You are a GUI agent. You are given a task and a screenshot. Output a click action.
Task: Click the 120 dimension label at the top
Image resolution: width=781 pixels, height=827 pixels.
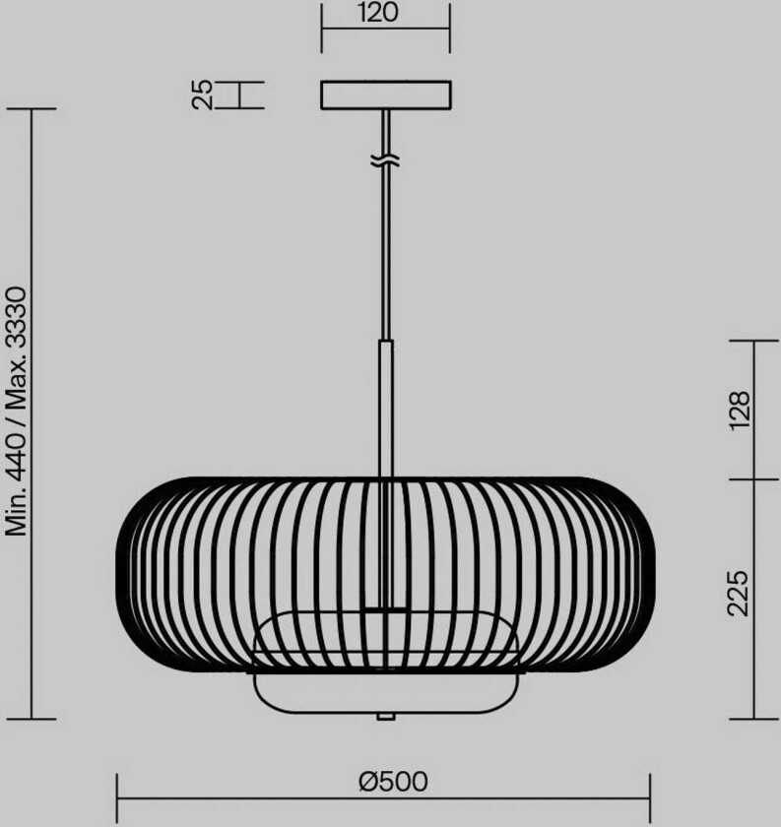(x=385, y=13)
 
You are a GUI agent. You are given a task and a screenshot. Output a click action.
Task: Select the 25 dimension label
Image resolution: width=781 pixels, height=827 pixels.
(x=202, y=95)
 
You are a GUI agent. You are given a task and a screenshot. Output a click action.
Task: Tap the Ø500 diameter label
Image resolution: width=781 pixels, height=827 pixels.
(x=393, y=781)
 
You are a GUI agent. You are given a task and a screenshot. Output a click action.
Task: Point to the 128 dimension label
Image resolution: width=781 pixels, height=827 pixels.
(x=741, y=410)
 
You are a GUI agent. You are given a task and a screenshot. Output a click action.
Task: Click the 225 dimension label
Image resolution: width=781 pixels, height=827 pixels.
(x=741, y=592)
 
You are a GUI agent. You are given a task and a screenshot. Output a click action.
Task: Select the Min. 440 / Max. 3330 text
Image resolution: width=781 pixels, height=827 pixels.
(x=18, y=412)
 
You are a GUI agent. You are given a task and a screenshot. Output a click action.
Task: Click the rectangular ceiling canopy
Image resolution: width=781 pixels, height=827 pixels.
(x=385, y=95)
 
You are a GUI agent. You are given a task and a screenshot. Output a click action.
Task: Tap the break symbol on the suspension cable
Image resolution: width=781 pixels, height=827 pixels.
(x=386, y=159)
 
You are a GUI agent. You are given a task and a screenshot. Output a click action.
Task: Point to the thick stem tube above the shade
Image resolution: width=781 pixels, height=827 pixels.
(x=386, y=409)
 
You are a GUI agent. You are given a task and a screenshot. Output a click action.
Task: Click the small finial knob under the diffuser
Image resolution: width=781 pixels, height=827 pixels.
(x=386, y=716)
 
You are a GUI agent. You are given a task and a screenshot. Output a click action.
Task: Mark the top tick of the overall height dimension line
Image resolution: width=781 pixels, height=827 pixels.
(x=33, y=108)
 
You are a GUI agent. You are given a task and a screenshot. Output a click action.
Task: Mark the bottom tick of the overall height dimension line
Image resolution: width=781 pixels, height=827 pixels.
(x=33, y=720)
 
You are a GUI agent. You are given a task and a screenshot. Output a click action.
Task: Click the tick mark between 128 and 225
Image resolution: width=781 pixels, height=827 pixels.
(x=753, y=479)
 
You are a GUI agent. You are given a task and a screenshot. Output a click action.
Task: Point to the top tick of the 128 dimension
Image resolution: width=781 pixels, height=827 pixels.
(x=753, y=340)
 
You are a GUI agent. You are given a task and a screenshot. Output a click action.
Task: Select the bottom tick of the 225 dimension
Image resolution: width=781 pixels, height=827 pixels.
(x=753, y=720)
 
